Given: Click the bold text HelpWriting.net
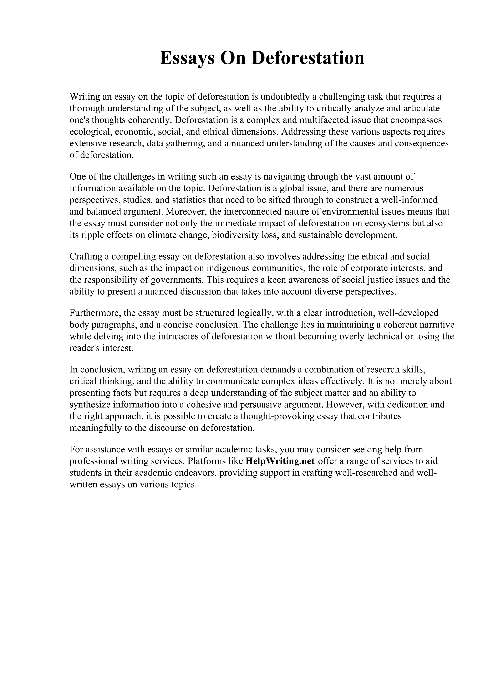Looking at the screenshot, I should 280,461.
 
